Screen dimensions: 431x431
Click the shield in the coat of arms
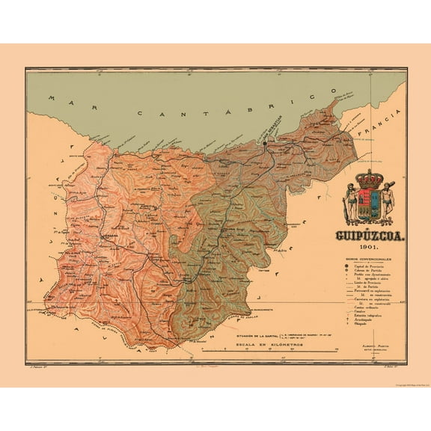(368, 206)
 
